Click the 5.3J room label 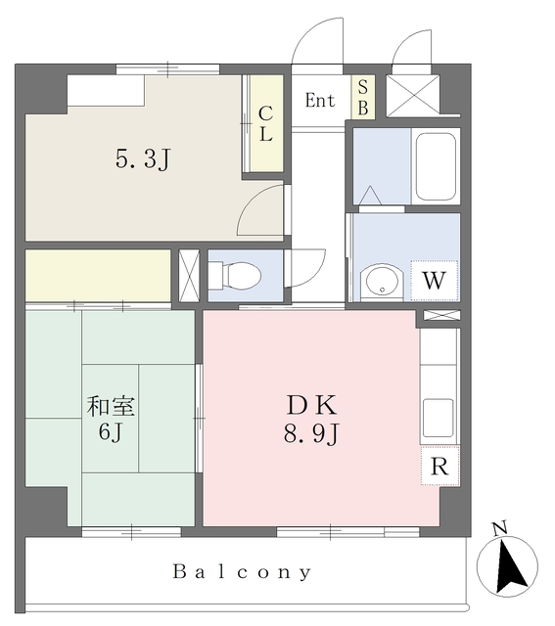[143, 158]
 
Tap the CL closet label [265, 124]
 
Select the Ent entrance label [320, 100]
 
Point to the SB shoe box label [363, 98]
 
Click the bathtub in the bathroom [436, 166]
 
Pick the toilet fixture [235, 276]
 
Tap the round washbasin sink [381, 282]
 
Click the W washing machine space [434, 281]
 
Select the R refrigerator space [439, 466]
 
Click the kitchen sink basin [439, 418]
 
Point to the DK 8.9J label [311, 420]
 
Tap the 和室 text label [111, 406]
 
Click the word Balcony [242, 572]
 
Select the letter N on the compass [499, 528]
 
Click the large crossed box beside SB [413, 95]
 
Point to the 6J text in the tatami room [111, 431]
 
